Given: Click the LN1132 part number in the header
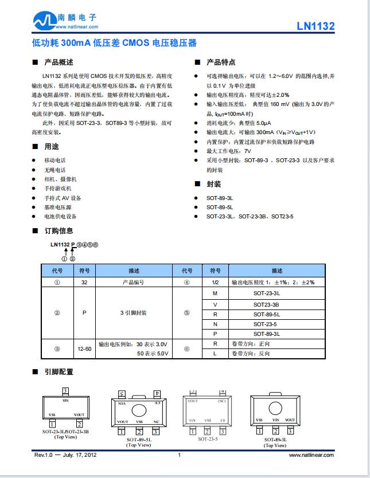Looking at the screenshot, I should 316,26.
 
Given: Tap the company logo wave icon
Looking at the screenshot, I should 43,22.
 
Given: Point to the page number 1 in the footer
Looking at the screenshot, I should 180,455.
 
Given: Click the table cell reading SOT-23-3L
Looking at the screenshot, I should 266,293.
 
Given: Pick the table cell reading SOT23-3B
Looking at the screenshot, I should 266,304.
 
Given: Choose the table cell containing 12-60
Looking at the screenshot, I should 84,348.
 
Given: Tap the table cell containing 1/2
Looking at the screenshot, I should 215,282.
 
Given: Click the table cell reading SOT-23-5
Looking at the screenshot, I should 266,324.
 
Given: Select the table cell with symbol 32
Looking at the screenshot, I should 84,282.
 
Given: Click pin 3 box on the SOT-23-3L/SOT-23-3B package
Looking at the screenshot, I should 65,391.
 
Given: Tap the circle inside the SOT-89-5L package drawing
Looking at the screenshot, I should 139,410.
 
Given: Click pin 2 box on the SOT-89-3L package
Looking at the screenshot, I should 275,431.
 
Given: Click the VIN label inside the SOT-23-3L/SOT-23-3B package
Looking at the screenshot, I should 65,402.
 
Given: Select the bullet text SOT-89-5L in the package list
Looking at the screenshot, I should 220,207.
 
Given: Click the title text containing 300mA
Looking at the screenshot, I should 114,43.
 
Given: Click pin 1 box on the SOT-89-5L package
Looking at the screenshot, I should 122,431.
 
